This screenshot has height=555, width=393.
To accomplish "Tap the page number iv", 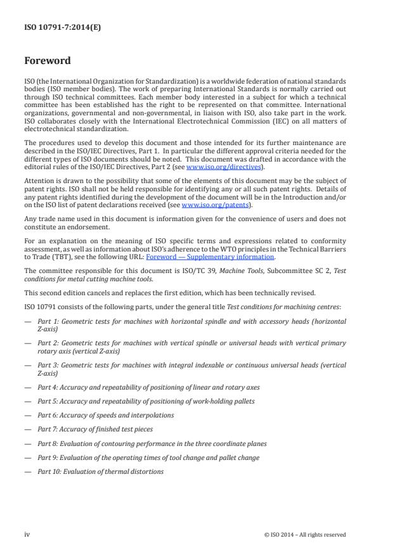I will pyautogui.click(x=27, y=534).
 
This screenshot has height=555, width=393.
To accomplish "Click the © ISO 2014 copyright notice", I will pyautogui.click(x=305, y=535).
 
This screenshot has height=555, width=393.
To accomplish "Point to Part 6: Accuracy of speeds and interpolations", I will pyautogui.click(x=105, y=415).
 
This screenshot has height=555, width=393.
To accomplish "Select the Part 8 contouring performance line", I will pyautogui.click(x=151, y=443).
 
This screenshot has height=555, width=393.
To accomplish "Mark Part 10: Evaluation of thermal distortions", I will pyautogui.click(x=100, y=471).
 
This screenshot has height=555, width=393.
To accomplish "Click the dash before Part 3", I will pyautogui.click(x=27, y=365).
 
